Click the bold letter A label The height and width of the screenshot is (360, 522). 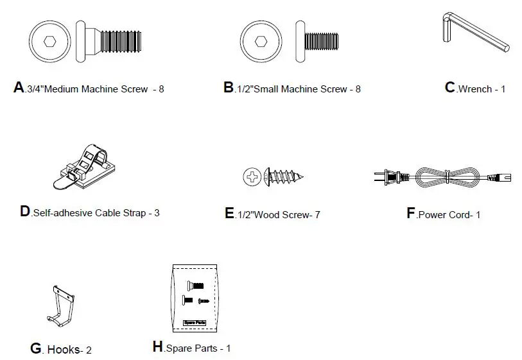[19, 88]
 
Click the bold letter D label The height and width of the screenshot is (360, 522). [25, 212]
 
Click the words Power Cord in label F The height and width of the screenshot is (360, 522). [442, 215]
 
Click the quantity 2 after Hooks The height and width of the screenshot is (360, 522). [89, 350]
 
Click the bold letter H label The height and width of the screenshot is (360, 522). [158, 347]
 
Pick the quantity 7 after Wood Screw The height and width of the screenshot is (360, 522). [317, 215]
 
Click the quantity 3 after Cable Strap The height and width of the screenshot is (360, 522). [157, 212]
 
